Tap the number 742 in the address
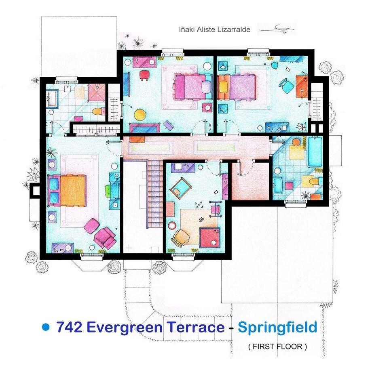tap(69, 327)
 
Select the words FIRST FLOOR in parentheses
tap(277, 347)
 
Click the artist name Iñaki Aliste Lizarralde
tap(215, 29)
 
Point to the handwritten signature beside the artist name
tap(277, 29)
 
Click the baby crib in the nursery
tap(181, 187)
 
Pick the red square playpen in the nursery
tap(210, 238)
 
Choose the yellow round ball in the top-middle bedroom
tap(140, 114)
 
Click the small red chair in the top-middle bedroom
tap(144, 76)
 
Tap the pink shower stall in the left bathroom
tap(96, 92)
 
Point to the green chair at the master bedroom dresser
tap(108, 190)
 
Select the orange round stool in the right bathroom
tap(296, 142)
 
